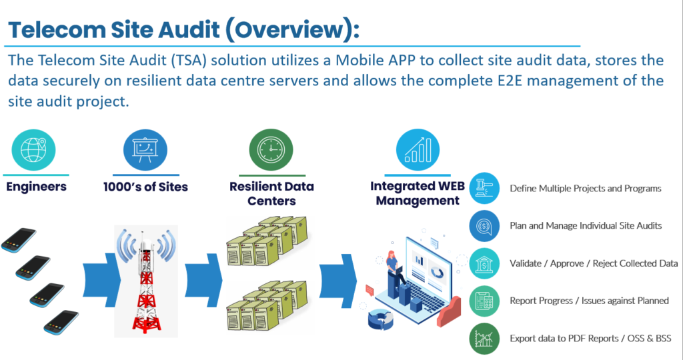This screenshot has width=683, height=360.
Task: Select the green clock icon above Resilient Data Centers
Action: pyautogui.click(x=271, y=149)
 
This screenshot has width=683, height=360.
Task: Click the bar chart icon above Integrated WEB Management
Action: pyautogui.click(x=418, y=149)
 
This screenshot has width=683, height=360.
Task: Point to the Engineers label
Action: pyautogui.click(x=36, y=187)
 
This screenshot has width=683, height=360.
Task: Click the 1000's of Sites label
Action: pyautogui.click(x=145, y=187)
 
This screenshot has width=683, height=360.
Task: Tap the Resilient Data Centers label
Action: pyautogui.click(x=271, y=193)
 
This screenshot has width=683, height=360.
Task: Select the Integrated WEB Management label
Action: pyautogui.click(x=418, y=193)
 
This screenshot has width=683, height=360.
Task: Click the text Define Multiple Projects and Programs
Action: pyautogui.click(x=586, y=189)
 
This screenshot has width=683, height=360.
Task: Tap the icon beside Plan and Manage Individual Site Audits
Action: pyautogui.click(x=484, y=226)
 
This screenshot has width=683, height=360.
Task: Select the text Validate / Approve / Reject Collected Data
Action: pyautogui.click(x=594, y=263)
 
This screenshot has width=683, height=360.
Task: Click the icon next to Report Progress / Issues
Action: pyautogui.click(x=484, y=301)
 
